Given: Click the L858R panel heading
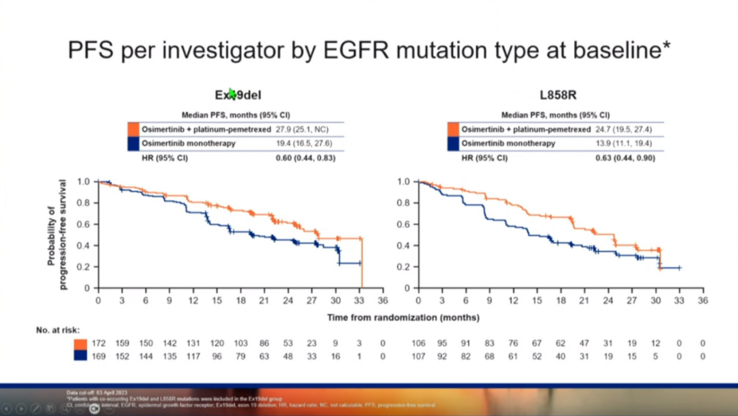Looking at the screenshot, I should pyautogui.click(x=557, y=96).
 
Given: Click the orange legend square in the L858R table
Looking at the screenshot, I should pyautogui.click(x=453, y=129).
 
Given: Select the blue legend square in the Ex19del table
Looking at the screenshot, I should pyautogui.click(x=133, y=144).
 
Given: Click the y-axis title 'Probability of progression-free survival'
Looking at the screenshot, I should pyautogui.click(x=57, y=234).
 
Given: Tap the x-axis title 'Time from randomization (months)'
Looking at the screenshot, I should pyautogui.click(x=402, y=317).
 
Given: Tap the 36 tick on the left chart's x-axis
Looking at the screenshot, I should pyautogui.click(x=383, y=300).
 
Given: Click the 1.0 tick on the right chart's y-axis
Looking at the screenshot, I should pyautogui.click(x=403, y=182).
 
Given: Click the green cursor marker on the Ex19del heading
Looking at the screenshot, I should pyautogui.click(x=232, y=94).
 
